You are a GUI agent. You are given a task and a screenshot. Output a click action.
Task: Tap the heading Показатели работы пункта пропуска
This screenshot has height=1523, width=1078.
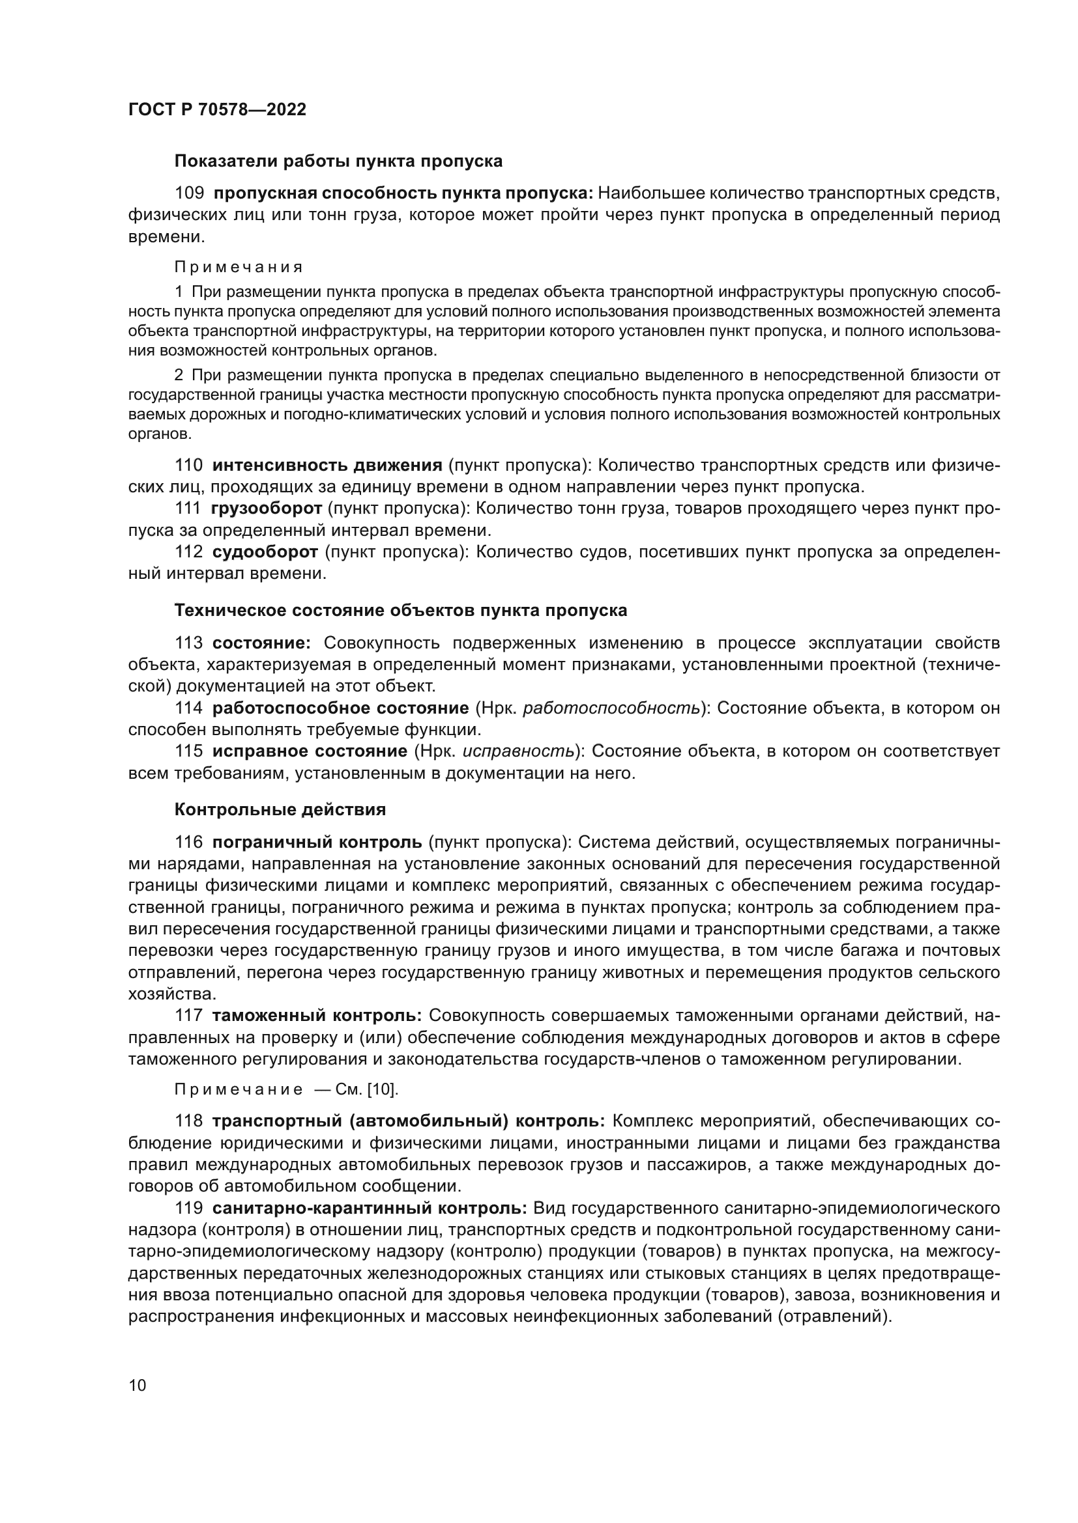click(x=338, y=161)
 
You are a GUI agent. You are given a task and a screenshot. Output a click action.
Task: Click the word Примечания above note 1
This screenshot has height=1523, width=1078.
click(x=239, y=268)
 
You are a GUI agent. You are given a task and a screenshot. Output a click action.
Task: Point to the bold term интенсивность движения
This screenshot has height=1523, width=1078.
click(x=327, y=465)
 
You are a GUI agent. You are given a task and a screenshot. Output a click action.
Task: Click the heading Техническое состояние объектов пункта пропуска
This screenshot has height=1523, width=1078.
click(x=400, y=610)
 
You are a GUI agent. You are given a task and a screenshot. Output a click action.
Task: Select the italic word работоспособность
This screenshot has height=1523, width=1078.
click(x=611, y=708)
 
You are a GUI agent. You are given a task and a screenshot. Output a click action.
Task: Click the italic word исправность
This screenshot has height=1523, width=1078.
click(x=518, y=751)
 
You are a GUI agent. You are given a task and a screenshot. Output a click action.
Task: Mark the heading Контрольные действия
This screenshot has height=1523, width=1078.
click(x=280, y=810)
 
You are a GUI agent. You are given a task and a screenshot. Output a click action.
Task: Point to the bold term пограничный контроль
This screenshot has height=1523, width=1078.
click(x=317, y=843)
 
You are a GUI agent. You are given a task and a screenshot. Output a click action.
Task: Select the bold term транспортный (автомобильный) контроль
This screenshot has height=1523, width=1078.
click(x=407, y=1122)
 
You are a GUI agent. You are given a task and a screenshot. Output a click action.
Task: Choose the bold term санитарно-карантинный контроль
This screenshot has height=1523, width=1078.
click(x=369, y=1208)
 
